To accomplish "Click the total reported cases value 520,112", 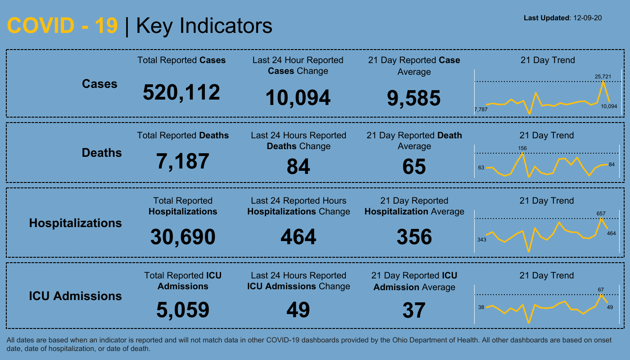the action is pos(181,92).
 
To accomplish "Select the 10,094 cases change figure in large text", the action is pos(298,98).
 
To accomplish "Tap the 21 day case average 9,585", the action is pos(414,98).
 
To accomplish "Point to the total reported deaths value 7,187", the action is pos(182,161).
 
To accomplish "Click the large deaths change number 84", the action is pos(298,166).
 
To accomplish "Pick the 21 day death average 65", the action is pos(414,166).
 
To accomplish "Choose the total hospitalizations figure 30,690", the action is pos(183,237).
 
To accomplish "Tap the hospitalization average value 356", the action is pos(414,237).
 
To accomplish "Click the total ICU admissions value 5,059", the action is pos(183,310).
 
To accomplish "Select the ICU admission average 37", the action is pos(414,310).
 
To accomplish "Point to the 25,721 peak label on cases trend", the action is pos(603,77).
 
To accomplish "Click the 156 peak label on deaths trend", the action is pos(522,148).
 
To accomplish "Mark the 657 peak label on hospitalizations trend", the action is pos(601,214).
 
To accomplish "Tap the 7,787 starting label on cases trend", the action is pos(481,109).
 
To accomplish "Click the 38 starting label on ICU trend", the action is pos(481,307).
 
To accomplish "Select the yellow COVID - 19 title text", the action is pos(63,26).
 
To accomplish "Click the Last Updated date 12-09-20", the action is pos(588,18).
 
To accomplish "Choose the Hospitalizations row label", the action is pos(75,223).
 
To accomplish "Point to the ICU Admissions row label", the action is pos(75,296).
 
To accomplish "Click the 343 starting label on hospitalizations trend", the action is pos(482,240).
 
